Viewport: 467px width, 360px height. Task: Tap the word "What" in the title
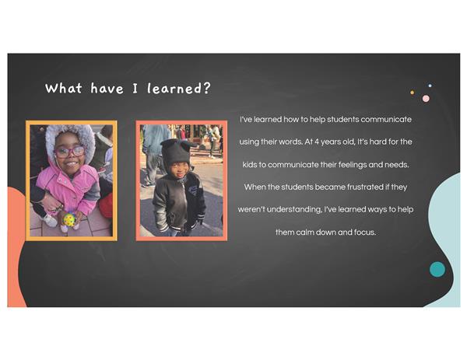tap(64, 88)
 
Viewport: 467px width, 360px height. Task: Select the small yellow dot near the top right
tap(413, 93)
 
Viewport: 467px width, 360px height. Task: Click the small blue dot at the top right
tap(430, 86)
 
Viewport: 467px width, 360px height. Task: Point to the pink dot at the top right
tap(426, 99)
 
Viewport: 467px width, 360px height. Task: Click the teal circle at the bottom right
tap(437, 269)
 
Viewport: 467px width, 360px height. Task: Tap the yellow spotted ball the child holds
tap(69, 219)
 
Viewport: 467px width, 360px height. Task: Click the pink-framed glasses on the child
tap(70, 152)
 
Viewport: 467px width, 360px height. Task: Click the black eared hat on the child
tap(177, 154)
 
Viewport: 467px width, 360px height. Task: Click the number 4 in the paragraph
tap(316, 142)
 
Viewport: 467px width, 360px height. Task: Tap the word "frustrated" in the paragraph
tap(365, 187)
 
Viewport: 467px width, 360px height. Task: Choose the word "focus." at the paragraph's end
tap(365, 232)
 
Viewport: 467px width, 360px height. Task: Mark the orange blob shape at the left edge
tap(16, 247)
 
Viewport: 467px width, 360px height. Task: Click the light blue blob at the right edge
tap(444, 238)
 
